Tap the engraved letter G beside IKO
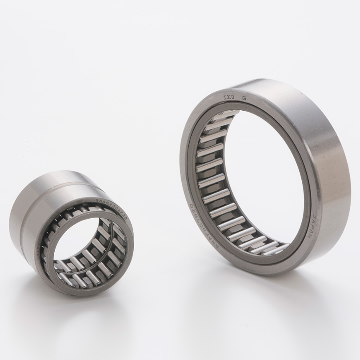(x=244, y=96)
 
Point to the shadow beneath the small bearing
(x=89, y=307)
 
